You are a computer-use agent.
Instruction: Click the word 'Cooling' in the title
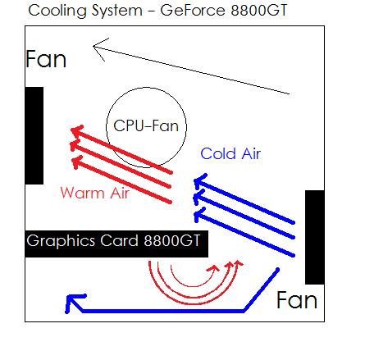tap(57, 11)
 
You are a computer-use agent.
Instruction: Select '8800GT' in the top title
tap(259, 10)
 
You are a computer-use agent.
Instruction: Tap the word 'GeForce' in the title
tap(192, 10)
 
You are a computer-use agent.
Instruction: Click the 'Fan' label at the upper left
tap(46, 59)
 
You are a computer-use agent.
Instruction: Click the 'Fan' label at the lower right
tap(297, 300)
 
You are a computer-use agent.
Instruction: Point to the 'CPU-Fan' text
tap(146, 125)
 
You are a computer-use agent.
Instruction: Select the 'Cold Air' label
tap(230, 153)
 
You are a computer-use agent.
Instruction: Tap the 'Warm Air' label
tap(94, 193)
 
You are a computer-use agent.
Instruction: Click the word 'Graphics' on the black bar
tap(61, 241)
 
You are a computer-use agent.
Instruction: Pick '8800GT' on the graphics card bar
tap(172, 240)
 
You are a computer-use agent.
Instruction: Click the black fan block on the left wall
tap(34, 135)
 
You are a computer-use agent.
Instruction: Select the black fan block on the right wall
tap(315, 237)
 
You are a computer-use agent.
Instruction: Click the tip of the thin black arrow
tap(94, 47)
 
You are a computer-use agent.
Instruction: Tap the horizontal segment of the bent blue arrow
tap(163, 311)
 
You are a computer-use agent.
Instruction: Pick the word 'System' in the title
tap(117, 11)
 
